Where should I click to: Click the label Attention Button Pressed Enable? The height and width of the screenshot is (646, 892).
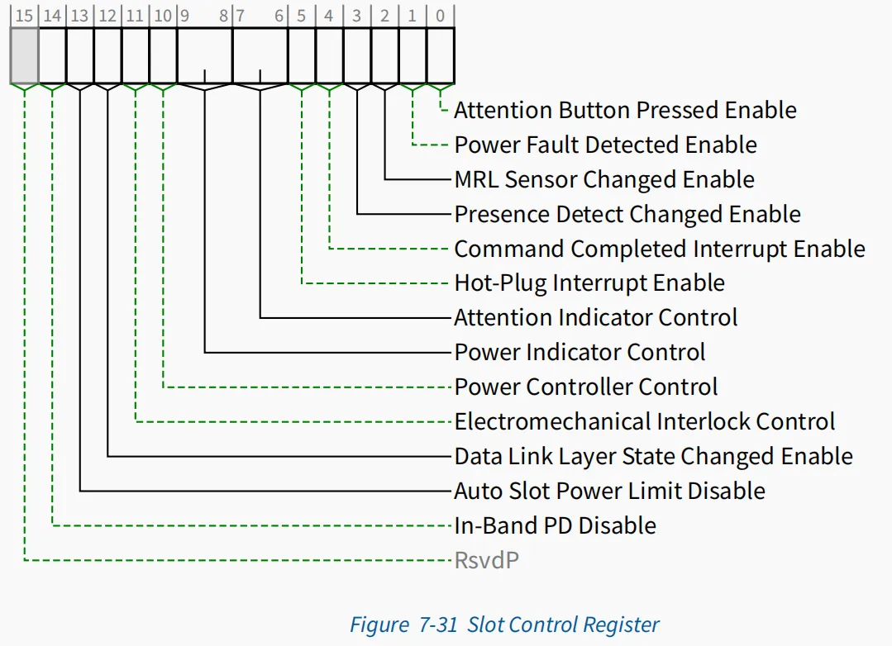point(625,111)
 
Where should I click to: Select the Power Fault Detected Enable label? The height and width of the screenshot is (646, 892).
point(606,145)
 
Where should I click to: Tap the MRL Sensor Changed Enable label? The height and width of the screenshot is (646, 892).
point(604,180)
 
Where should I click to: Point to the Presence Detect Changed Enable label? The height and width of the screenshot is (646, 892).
point(627,215)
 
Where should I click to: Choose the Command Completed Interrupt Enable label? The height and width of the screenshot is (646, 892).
point(660,249)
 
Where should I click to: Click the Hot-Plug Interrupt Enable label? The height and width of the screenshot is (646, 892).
point(590,283)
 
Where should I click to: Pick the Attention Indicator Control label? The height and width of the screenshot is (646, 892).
point(595,317)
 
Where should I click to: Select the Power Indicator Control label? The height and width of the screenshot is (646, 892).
point(580,352)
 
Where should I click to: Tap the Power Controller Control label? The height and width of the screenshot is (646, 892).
point(586,387)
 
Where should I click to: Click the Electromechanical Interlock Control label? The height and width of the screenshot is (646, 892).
point(645,421)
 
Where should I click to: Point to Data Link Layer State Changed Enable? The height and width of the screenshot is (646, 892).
point(654,456)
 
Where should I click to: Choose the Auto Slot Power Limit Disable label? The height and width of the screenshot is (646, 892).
point(610,491)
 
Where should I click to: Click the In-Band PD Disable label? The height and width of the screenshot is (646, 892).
point(556,525)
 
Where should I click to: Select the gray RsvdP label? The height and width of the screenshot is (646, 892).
point(487,560)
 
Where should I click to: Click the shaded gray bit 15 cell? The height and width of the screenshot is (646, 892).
point(25,55)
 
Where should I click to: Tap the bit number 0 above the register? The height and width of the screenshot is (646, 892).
point(440,16)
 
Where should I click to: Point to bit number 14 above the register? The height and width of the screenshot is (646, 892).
point(52,16)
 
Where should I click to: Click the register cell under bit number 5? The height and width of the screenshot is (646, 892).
point(302,55)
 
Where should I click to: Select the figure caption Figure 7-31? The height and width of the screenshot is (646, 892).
point(403,625)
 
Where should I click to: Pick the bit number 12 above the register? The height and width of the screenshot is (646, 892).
point(107,16)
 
